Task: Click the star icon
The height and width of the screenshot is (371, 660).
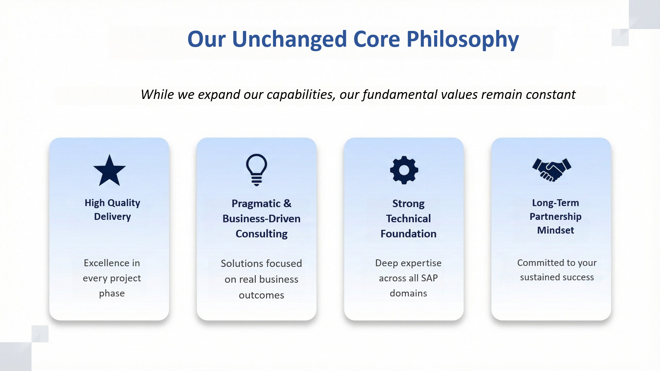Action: (x=109, y=170)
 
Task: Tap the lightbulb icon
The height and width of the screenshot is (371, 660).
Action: (x=256, y=170)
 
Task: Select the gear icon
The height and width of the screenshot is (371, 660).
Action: (x=404, y=170)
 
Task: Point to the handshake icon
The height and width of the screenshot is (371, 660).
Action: (x=552, y=170)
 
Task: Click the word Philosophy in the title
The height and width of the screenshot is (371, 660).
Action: (x=463, y=40)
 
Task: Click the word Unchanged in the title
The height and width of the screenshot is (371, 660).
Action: (x=289, y=40)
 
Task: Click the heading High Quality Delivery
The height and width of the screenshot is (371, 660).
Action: (x=112, y=210)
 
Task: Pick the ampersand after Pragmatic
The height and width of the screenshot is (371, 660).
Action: (x=287, y=203)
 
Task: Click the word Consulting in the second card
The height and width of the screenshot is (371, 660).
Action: (x=262, y=234)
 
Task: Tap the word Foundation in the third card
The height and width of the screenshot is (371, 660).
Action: (x=408, y=234)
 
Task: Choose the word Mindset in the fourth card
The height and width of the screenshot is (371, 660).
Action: (x=555, y=230)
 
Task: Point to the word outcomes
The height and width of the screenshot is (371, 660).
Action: (x=262, y=295)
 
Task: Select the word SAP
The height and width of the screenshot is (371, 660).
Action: (x=429, y=278)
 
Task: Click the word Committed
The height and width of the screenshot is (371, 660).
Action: (x=541, y=262)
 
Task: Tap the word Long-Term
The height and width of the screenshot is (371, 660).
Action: (x=555, y=203)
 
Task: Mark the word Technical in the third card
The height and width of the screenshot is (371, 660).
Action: (x=408, y=218)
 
